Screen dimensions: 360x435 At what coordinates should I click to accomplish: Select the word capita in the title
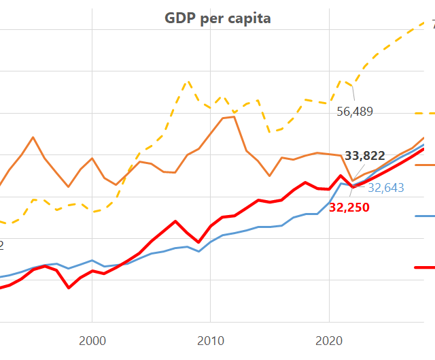tap(248, 18)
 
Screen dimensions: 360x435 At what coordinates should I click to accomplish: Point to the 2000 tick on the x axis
tap(92, 339)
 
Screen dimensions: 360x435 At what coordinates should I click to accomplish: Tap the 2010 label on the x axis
tap(210, 339)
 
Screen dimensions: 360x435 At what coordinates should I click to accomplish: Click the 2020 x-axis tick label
tap(329, 339)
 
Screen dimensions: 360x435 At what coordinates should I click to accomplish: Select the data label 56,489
tap(355, 112)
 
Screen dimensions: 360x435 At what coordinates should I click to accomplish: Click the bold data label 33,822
tap(365, 156)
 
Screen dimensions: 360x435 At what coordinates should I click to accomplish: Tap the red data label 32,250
tap(349, 208)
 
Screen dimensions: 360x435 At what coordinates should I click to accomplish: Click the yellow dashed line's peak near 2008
tap(187, 82)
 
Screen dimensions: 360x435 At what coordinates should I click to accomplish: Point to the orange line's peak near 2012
tap(234, 116)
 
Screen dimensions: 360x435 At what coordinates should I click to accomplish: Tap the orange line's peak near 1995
tap(33, 137)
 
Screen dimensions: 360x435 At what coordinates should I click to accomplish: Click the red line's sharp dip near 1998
tap(69, 288)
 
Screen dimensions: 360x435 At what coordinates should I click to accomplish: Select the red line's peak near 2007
tap(175, 221)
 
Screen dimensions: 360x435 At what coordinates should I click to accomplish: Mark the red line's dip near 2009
tap(198, 242)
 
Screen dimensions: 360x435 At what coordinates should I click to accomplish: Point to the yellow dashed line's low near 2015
tap(270, 131)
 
